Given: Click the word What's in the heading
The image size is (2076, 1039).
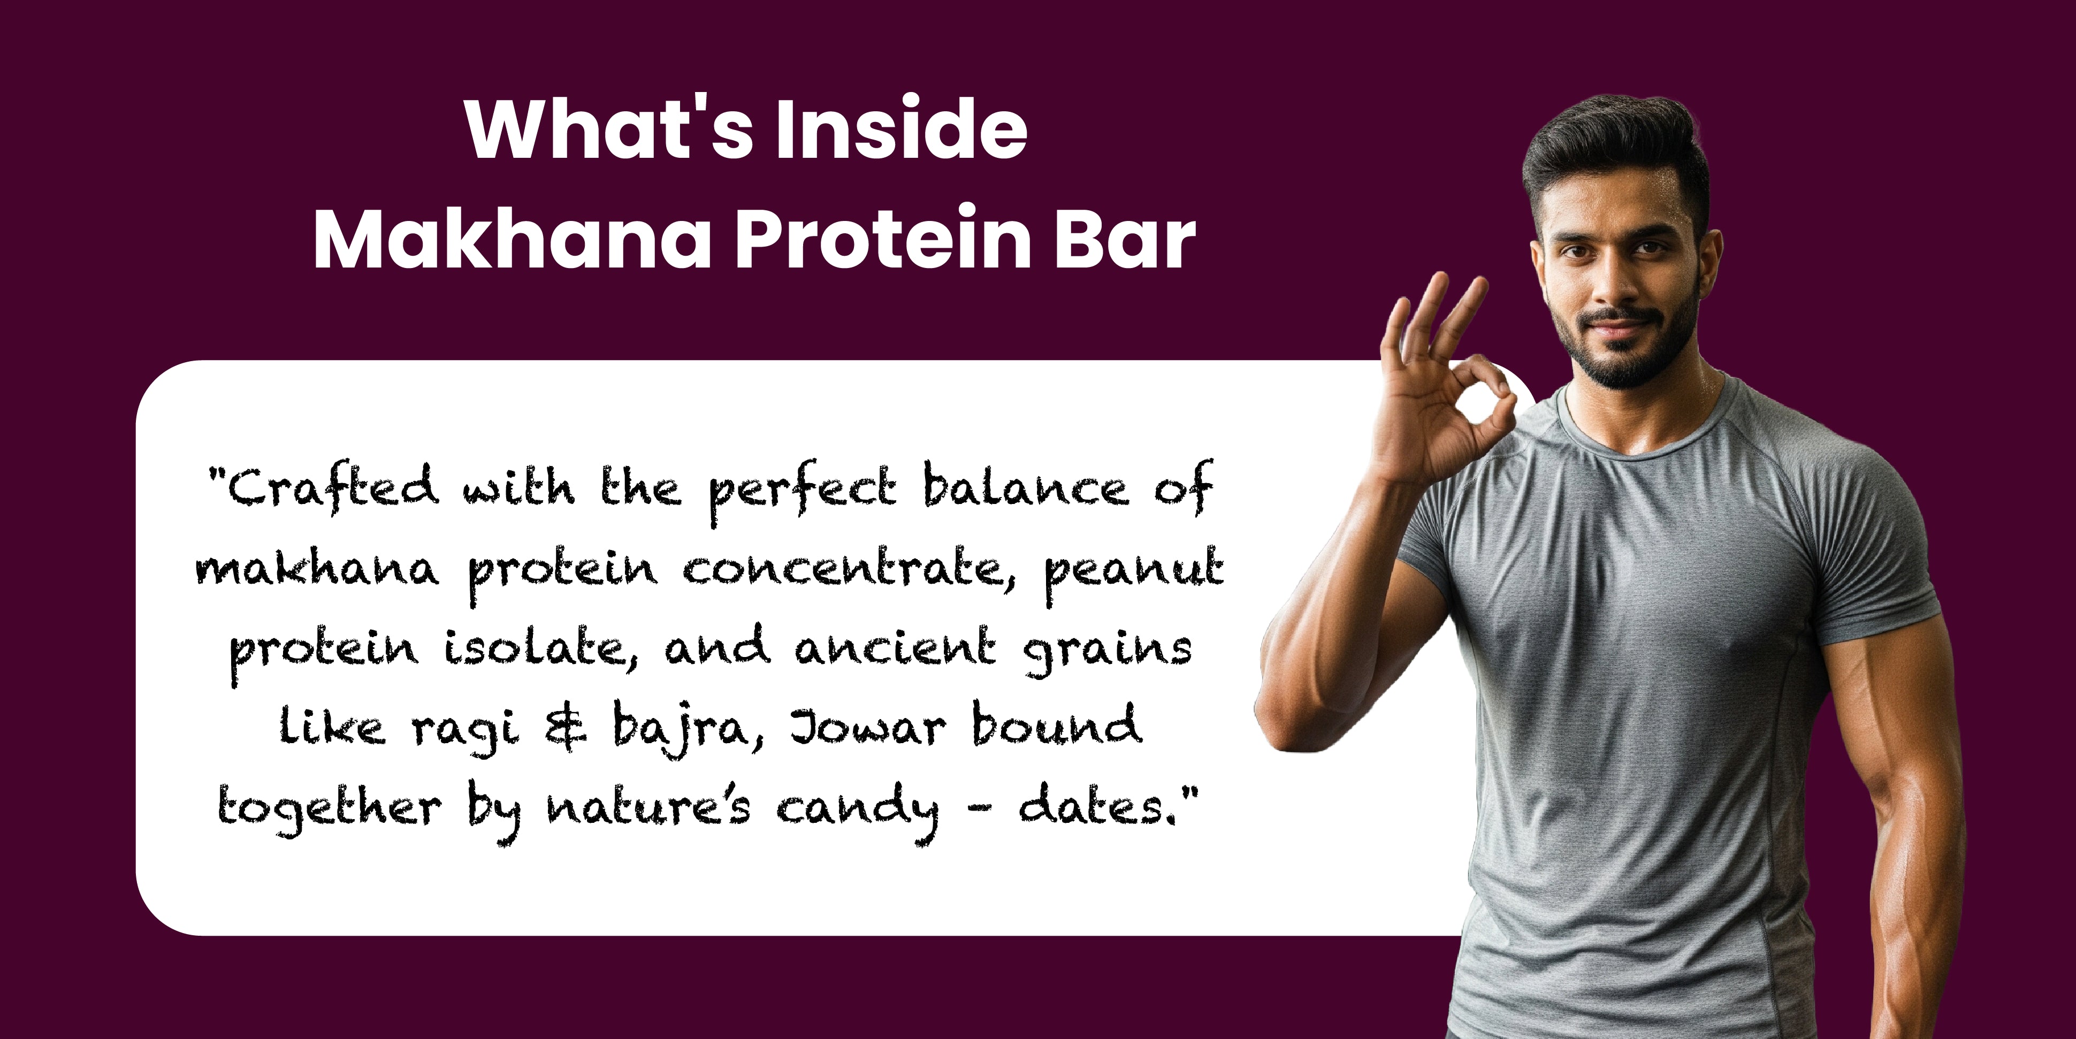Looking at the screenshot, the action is click(609, 128).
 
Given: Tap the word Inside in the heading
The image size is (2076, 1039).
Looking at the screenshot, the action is click(901, 128).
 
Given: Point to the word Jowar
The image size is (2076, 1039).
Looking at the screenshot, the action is click(867, 727).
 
